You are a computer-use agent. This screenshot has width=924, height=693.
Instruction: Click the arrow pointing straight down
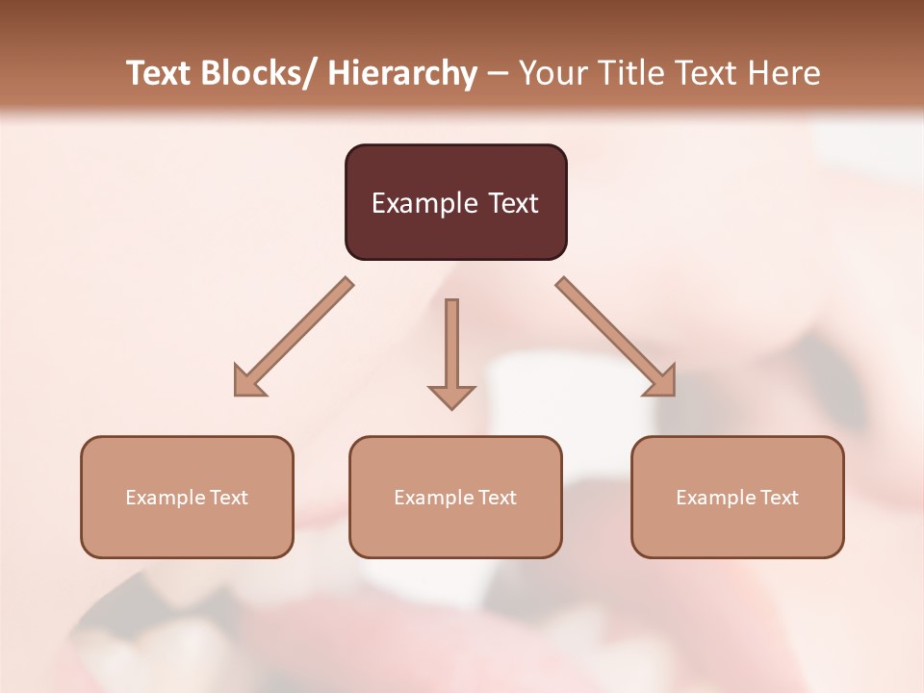[451, 351]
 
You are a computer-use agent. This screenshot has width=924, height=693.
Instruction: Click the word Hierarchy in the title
[402, 73]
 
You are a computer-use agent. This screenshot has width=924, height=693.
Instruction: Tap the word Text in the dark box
[511, 203]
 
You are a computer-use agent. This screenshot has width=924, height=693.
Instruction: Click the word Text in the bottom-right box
[779, 498]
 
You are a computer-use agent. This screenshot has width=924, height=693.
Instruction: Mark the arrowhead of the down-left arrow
[248, 381]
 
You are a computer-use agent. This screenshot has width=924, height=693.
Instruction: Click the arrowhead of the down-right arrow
[661, 381]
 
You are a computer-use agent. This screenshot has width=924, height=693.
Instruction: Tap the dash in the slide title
[498, 73]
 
